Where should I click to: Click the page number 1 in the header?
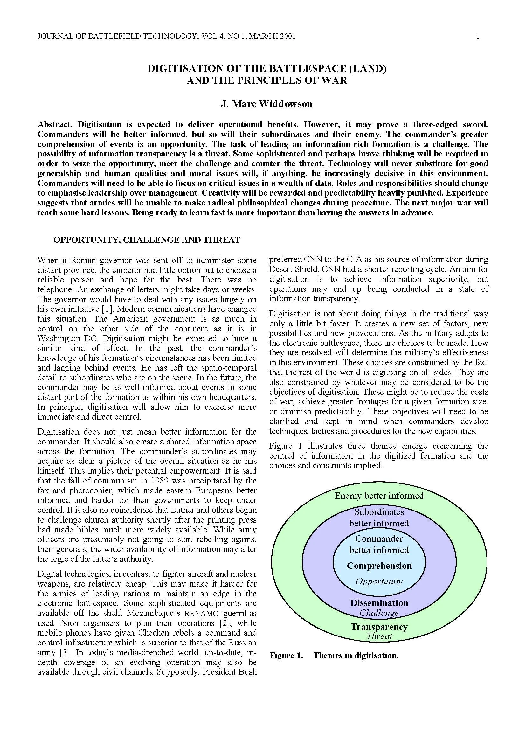coord(478,37)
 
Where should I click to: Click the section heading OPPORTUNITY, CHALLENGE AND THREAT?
coord(147,240)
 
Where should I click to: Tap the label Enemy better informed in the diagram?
coord(379,496)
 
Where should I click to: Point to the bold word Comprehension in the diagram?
coord(379,566)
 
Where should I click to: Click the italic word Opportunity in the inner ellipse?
coord(379,581)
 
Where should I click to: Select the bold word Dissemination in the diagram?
coord(379,603)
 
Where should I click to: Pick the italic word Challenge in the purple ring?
coord(379,613)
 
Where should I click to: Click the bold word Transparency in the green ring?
coord(379,627)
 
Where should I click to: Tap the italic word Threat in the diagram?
coord(379,636)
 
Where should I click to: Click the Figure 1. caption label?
coord(286,656)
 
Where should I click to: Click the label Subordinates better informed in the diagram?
coord(379,518)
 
